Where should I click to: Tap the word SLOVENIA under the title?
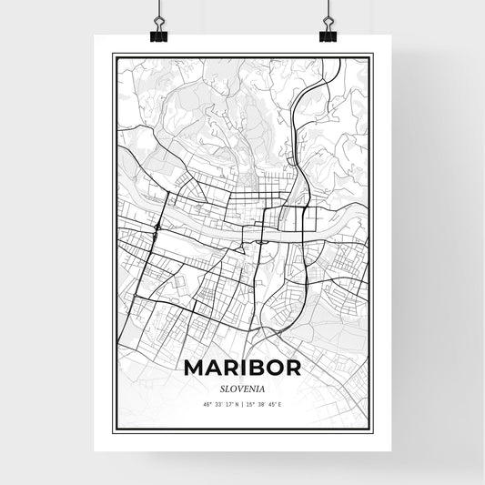click(x=242, y=387)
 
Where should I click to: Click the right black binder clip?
click(x=328, y=33)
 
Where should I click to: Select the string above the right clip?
click(x=328, y=9)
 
